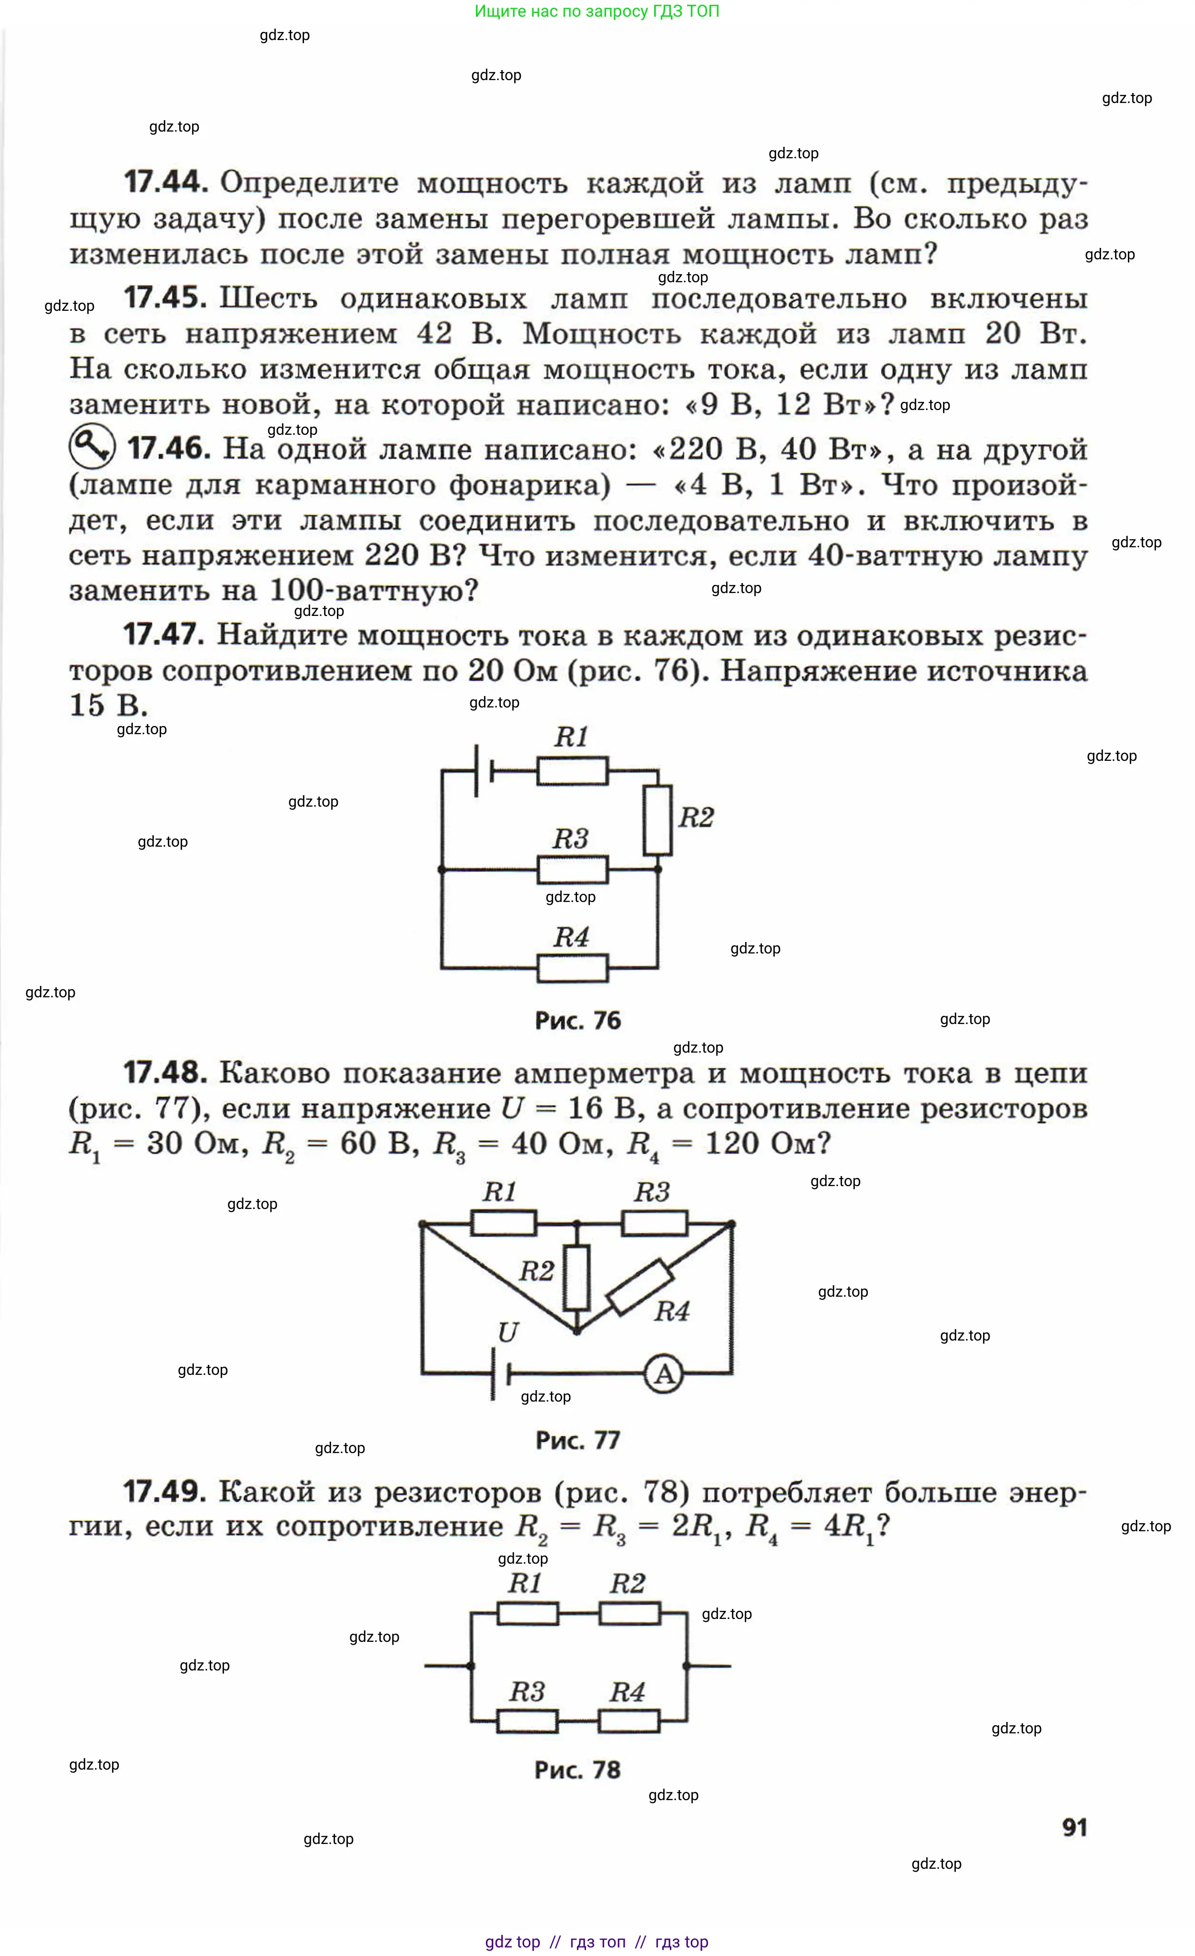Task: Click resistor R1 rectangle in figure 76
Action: point(572,771)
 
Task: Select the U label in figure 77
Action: point(508,1332)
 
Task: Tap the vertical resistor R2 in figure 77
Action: point(577,1277)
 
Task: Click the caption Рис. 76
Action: point(577,1021)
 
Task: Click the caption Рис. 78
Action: point(577,1770)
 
